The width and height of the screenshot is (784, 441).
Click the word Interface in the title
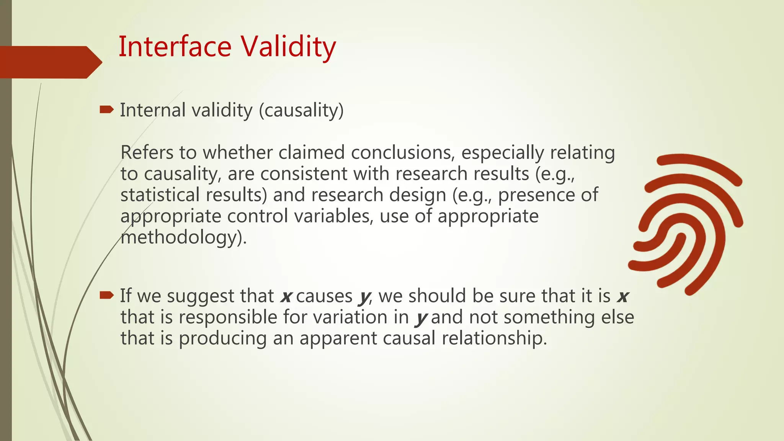tap(175, 47)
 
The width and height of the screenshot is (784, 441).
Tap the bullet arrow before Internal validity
tap(106, 110)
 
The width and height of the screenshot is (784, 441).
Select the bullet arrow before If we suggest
tap(106, 295)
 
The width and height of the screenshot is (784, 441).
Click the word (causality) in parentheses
tap(301, 111)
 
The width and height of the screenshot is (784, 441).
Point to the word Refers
tap(147, 152)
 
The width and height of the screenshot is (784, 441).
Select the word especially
tap(502, 153)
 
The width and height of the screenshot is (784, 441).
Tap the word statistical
tap(160, 195)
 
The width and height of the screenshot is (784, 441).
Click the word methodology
tap(181, 237)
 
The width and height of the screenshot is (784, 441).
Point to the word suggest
tap(200, 297)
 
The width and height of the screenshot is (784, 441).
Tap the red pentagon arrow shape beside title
tap(50, 62)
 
